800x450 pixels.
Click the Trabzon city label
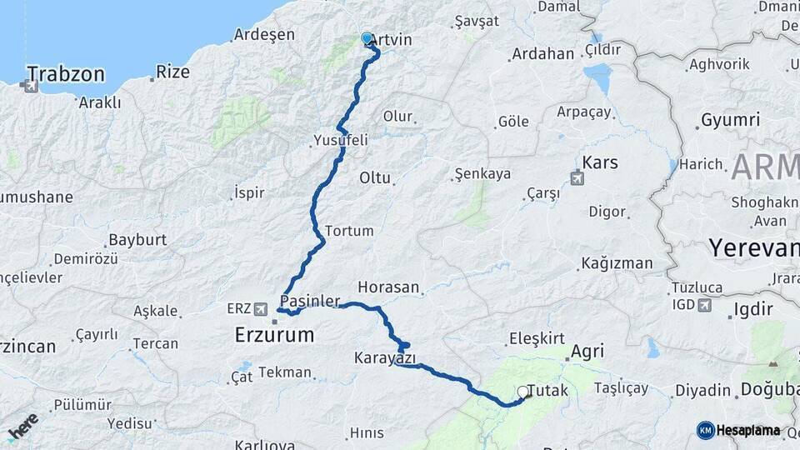coord(66,74)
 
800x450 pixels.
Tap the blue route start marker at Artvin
coord(367,37)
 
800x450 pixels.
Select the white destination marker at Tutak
coord(522,391)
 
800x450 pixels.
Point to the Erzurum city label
coord(274,335)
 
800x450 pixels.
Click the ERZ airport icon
coord(262,309)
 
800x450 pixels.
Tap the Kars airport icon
coord(577,177)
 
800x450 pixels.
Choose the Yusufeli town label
coord(340,140)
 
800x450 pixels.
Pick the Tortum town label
coord(348,230)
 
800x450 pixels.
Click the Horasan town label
coord(387,287)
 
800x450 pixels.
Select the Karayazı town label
coord(384,357)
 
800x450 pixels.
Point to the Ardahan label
coord(542,54)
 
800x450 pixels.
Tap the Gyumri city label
coord(730,120)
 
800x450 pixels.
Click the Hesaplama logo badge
coord(738,430)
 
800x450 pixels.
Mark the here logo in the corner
coord(22,426)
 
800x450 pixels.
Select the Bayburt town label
coord(137,240)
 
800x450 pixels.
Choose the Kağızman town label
coord(616,263)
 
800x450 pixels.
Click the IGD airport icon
coord(704,306)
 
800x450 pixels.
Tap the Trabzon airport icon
coord(32,85)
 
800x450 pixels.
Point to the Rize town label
coord(172,72)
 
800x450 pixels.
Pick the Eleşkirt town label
coord(536,338)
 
